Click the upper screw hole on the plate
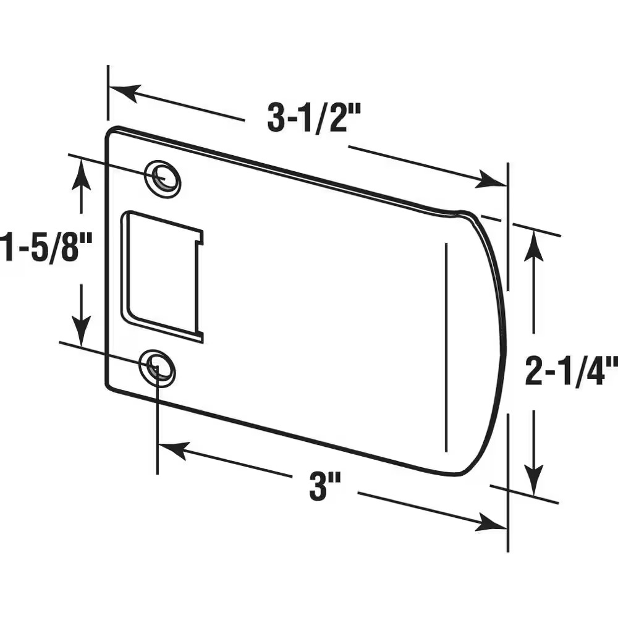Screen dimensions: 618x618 163,178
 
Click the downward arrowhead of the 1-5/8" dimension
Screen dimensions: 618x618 81,331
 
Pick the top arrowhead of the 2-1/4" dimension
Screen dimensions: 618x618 535,244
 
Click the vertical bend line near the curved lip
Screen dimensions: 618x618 446,346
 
